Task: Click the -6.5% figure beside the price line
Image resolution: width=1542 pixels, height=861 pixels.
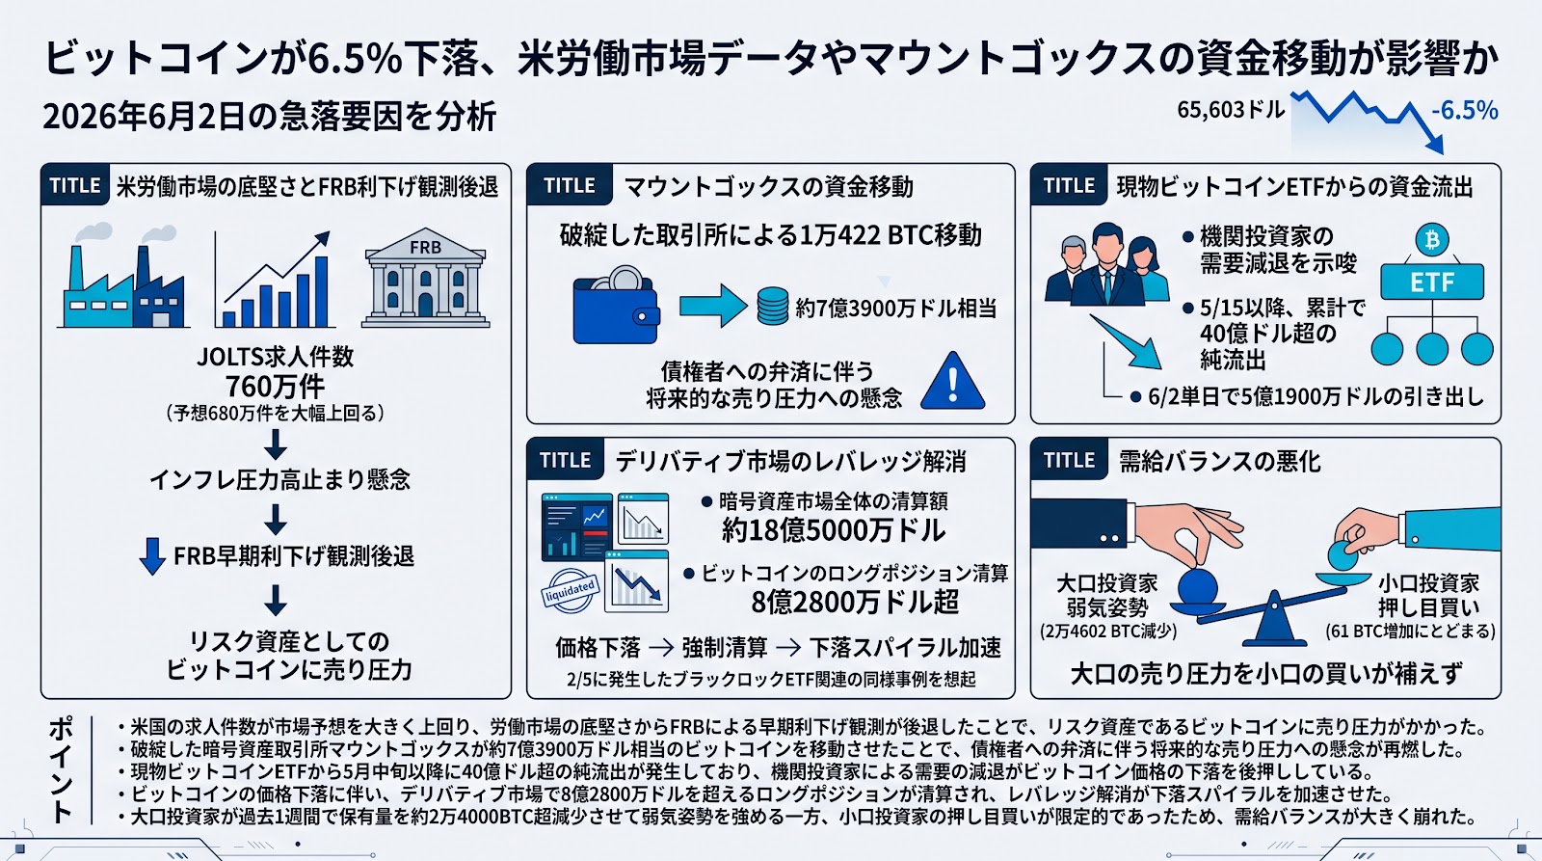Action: pyautogui.click(x=1464, y=111)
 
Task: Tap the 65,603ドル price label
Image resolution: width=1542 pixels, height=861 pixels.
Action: pyautogui.click(x=1231, y=110)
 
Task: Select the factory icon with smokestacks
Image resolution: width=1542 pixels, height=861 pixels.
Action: pyautogui.click(x=122, y=276)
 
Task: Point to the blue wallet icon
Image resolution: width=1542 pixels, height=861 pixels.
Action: pyautogui.click(x=616, y=306)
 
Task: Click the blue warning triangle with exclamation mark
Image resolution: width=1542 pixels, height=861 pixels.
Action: pyautogui.click(x=953, y=381)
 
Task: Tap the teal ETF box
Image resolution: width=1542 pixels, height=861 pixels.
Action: pyautogui.click(x=1432, y=282)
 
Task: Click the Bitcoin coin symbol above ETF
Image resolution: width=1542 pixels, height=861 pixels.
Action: pyautogui.click(x=1432, y=240)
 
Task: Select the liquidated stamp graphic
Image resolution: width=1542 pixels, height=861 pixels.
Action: pyautogui.click(x=570, y=590)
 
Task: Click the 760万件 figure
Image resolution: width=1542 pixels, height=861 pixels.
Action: pyautogui.click(x=275, y=387)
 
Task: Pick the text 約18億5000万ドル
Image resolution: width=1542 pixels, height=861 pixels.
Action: pyautogui.click(x=833, y=530)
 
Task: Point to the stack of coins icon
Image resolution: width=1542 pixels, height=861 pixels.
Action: pyautogui.click(x=772, y=306)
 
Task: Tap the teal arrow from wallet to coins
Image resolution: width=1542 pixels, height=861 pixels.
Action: pyautogui.click(x=712, y=305)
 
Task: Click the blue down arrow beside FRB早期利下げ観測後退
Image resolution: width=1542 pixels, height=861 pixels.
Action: pyautogui.click(x=152, y=556)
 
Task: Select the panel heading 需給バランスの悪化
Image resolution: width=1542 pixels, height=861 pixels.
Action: pyautogui.click(x=1219, y=461)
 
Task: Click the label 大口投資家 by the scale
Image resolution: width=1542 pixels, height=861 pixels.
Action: pyautogui.click(x=1107, y=583)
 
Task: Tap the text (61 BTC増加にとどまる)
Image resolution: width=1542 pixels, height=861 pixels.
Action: pyautogui.click(x=1411, y=631)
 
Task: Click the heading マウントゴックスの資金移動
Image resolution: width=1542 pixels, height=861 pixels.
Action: pyautogui.click(x=768, y=187)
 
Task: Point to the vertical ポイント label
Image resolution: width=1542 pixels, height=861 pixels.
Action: pyautogui.click(x=61, y=769)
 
